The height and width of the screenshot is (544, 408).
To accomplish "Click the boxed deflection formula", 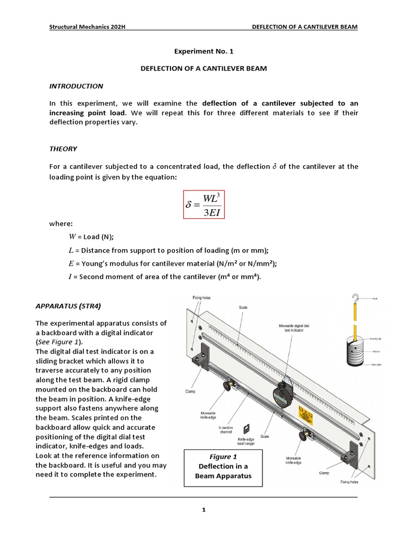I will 203,205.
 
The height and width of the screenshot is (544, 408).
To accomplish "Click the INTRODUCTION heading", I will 76,86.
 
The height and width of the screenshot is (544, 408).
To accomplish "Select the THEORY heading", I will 63,149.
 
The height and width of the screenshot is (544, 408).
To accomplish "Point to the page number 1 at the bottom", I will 203,510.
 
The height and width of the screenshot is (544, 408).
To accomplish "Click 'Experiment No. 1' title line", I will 203,52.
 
